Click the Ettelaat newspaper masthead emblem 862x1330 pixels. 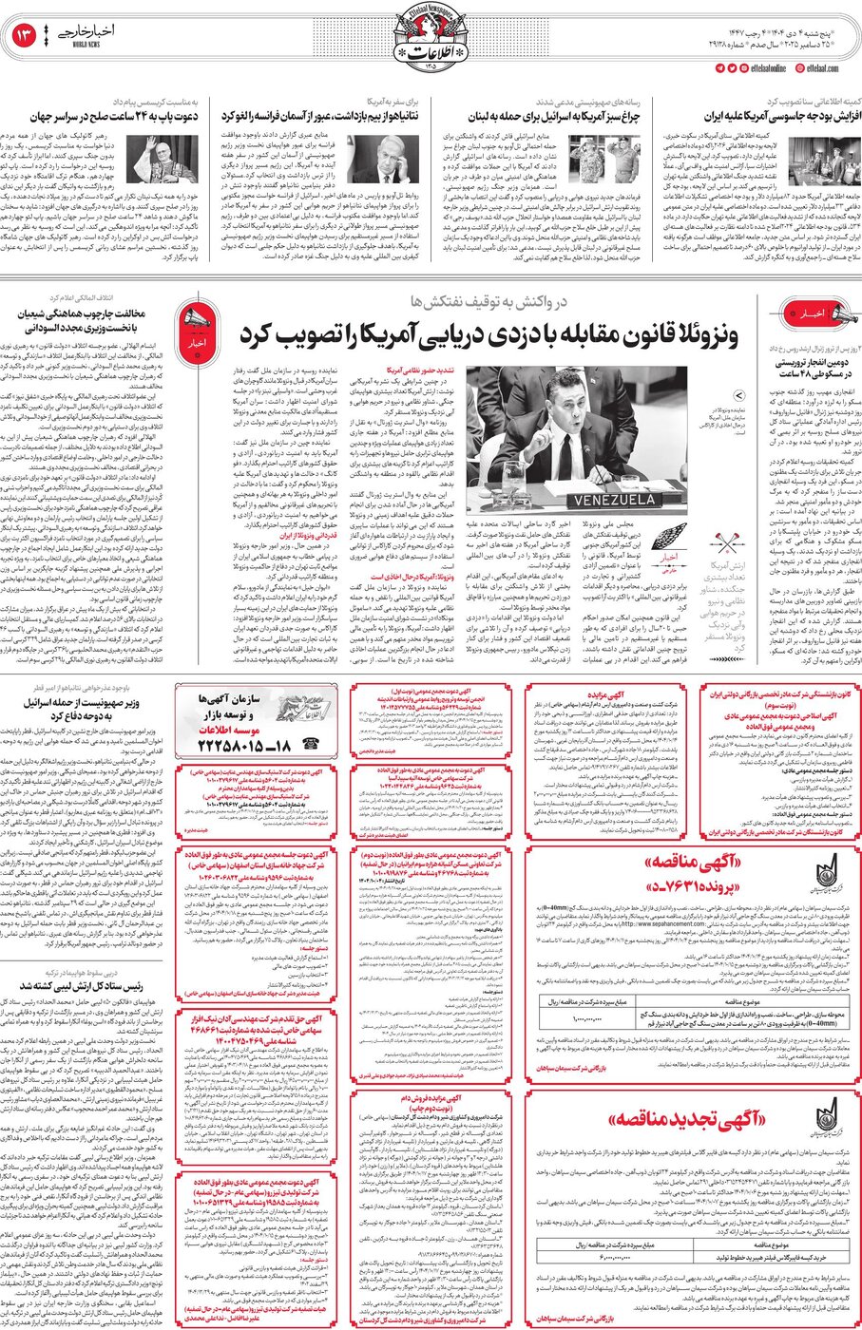pyautogui.click(x=430, y=38)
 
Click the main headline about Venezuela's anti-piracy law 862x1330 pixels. pyautogui.click(x=503, y=335)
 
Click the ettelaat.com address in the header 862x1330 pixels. pyautogui.click(x=820, y=68)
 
